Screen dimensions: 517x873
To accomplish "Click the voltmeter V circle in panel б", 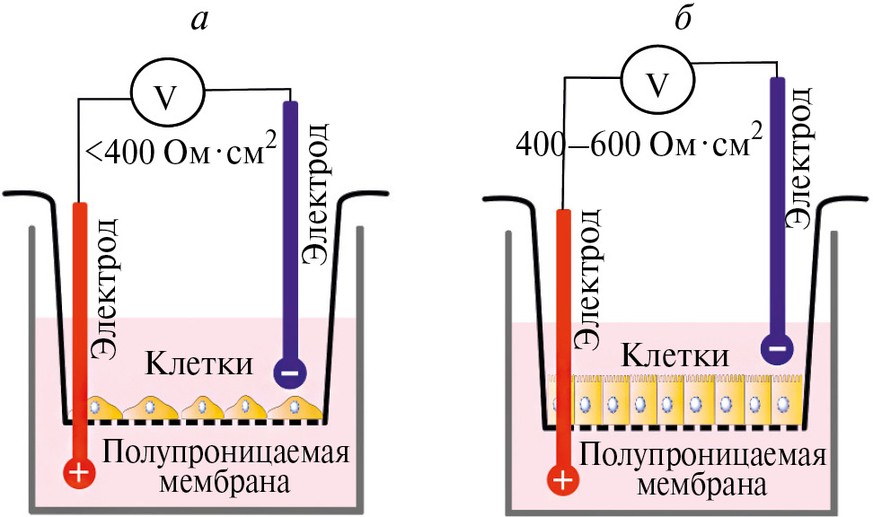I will tap(658, 84).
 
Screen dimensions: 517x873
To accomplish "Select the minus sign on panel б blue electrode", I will tap(776, 347).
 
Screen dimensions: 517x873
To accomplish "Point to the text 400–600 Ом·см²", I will tap(639, 143).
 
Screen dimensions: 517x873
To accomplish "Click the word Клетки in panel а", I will tap(198, 364).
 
